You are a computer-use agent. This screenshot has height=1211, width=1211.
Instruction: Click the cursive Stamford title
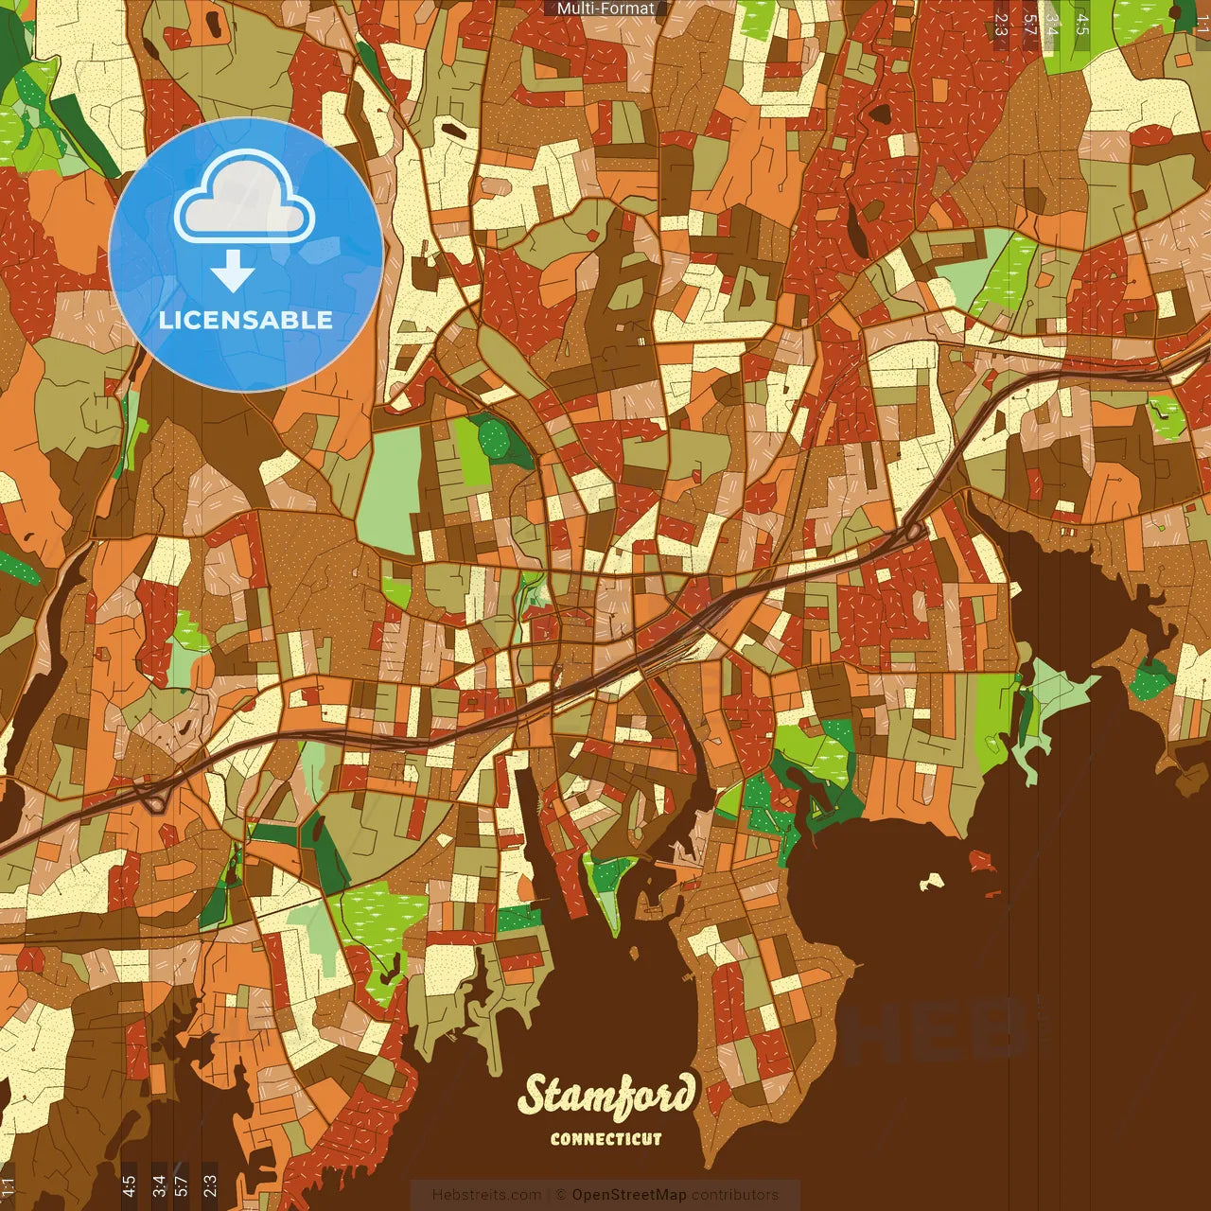tap(606, 1096)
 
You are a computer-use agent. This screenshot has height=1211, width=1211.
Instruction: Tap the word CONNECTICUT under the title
tap(606, 1139)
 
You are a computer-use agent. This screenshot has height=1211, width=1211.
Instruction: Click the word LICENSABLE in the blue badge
tap(246, 320)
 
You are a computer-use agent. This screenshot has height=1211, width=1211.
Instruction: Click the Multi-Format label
tap(605, 9)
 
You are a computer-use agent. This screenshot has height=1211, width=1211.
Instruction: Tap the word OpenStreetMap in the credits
tap(629, 1195)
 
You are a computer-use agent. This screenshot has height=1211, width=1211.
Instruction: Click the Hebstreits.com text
tap(486, 1195)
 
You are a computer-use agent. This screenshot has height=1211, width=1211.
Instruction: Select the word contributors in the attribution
tap(735, 1195)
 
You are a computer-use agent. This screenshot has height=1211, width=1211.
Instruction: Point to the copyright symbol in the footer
tap(560, 1195)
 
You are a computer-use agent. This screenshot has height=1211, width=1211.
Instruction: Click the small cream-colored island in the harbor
tap(933, 882)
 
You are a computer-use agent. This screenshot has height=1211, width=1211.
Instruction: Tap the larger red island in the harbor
tap(982, 862)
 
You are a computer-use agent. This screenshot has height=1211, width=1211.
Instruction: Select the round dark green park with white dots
tap(493, 438)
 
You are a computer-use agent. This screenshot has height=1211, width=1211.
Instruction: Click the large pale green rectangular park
tap(388, 489)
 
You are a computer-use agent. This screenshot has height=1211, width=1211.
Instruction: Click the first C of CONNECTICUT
tap(556, 1139)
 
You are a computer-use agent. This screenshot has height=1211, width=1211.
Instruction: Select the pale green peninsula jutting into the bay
tap(1050, 700)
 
